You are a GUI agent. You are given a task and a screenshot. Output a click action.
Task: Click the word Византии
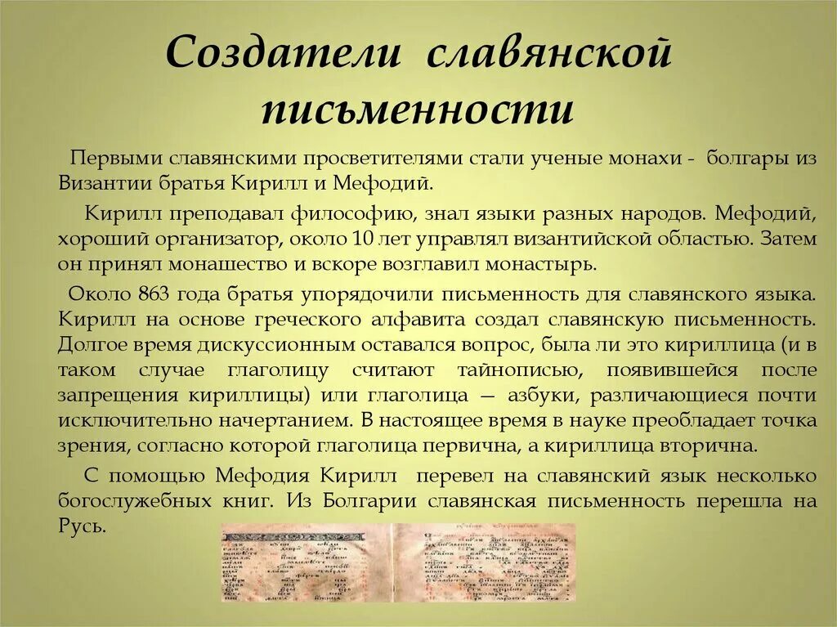click(107, 181)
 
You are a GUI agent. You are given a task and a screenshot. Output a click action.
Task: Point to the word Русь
click(82, 526)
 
